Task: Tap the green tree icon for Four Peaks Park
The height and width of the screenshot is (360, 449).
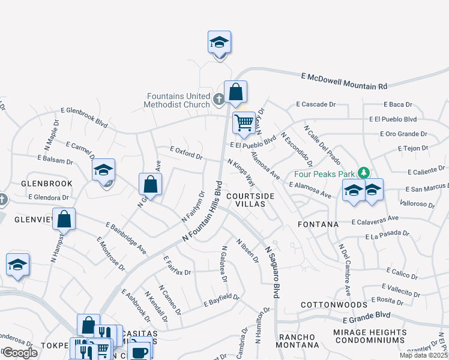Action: coord(363,173)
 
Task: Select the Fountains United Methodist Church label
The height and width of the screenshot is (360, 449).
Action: coord(179,100)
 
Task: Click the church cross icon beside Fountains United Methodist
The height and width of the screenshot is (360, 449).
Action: coord(219,98)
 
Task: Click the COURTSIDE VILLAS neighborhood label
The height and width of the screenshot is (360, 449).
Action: coord(251,200)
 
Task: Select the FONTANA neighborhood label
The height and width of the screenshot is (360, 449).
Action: coord(318,224)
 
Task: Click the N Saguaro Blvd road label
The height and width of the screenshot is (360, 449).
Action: coord(272,272)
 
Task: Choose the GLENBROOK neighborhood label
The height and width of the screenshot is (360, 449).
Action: coord(47,184)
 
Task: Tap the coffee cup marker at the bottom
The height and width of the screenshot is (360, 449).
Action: coord(139,351)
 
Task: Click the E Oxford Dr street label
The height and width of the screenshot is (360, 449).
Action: coord(186,153)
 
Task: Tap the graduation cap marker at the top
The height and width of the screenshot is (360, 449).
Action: coord(219,43)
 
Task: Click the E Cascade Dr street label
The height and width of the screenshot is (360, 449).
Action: coord(316,104)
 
